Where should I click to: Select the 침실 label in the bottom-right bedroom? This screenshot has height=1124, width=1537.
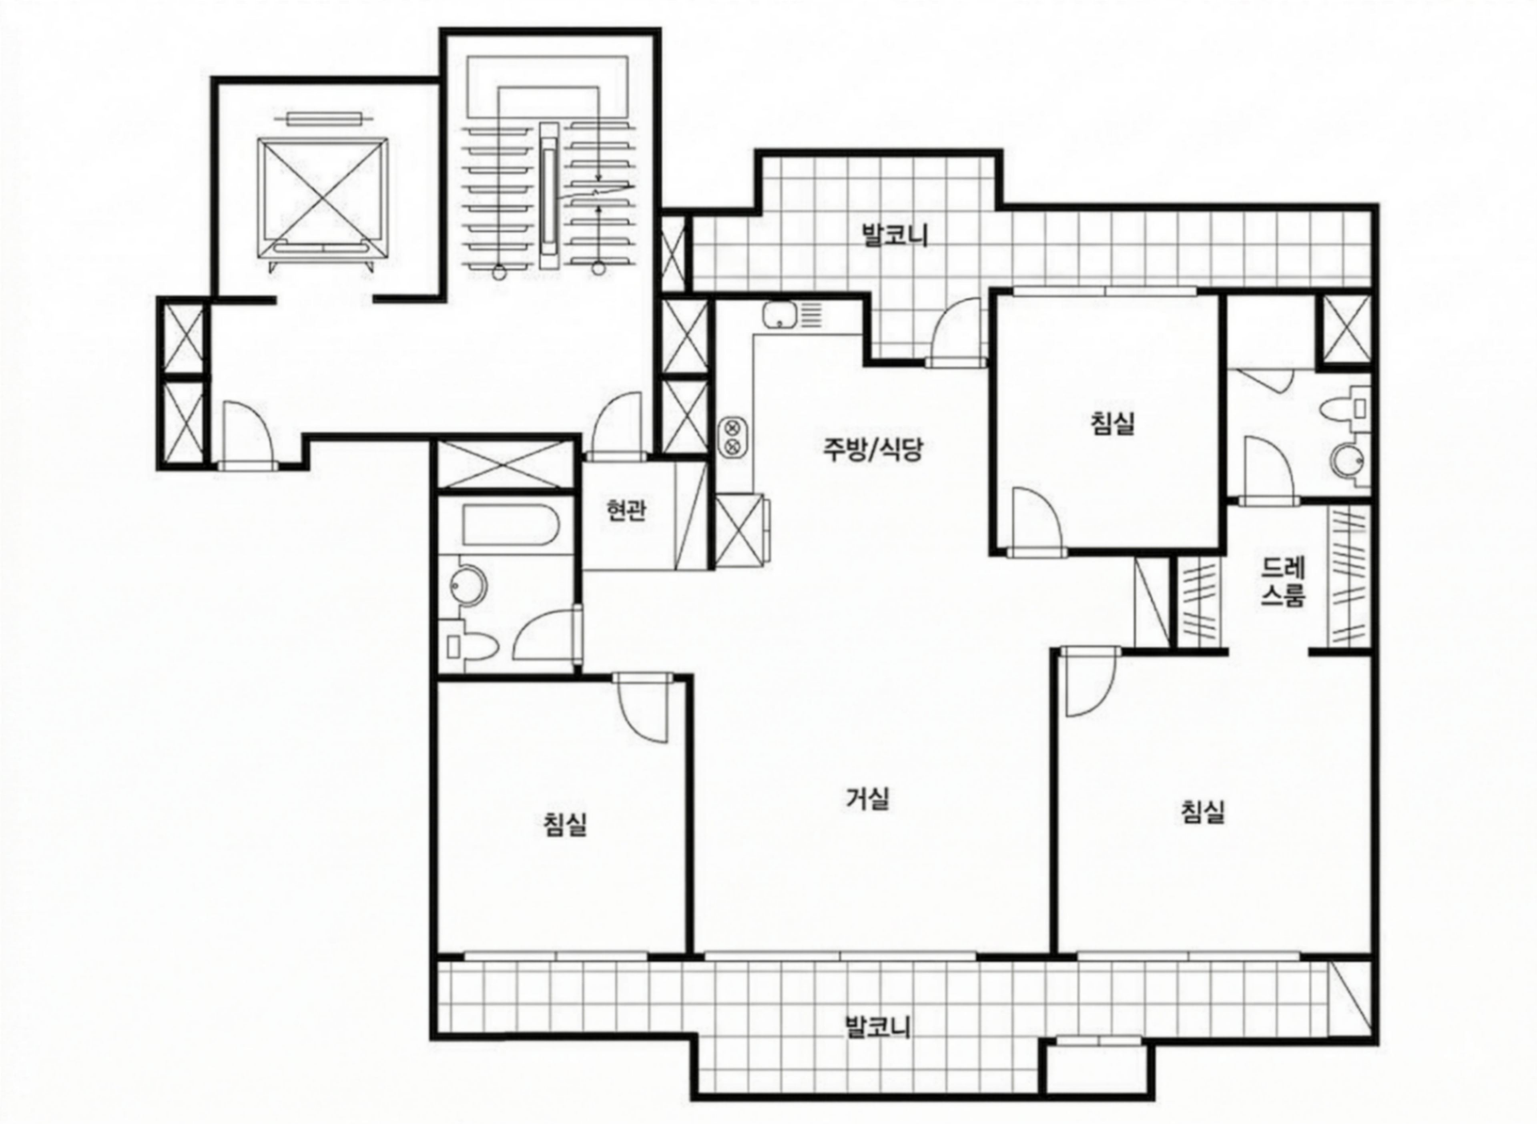click(x=1203, y=811)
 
